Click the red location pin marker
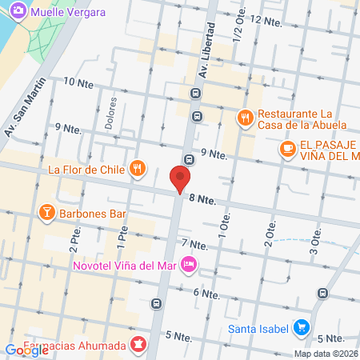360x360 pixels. pos(181,178)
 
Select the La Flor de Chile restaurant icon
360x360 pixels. pos(138,168)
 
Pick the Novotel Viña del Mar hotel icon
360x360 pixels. pos(189,263)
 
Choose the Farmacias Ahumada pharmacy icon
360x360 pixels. pos(139,346)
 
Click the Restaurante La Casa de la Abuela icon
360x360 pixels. pos(246,118)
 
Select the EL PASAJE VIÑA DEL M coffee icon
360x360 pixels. pos(286,148)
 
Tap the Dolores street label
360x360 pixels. pos(111,114)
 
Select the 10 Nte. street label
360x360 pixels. pos(78,82)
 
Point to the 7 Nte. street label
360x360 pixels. pos(195,243)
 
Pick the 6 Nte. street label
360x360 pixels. pos(206,294)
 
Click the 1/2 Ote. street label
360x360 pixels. pos(238,30)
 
